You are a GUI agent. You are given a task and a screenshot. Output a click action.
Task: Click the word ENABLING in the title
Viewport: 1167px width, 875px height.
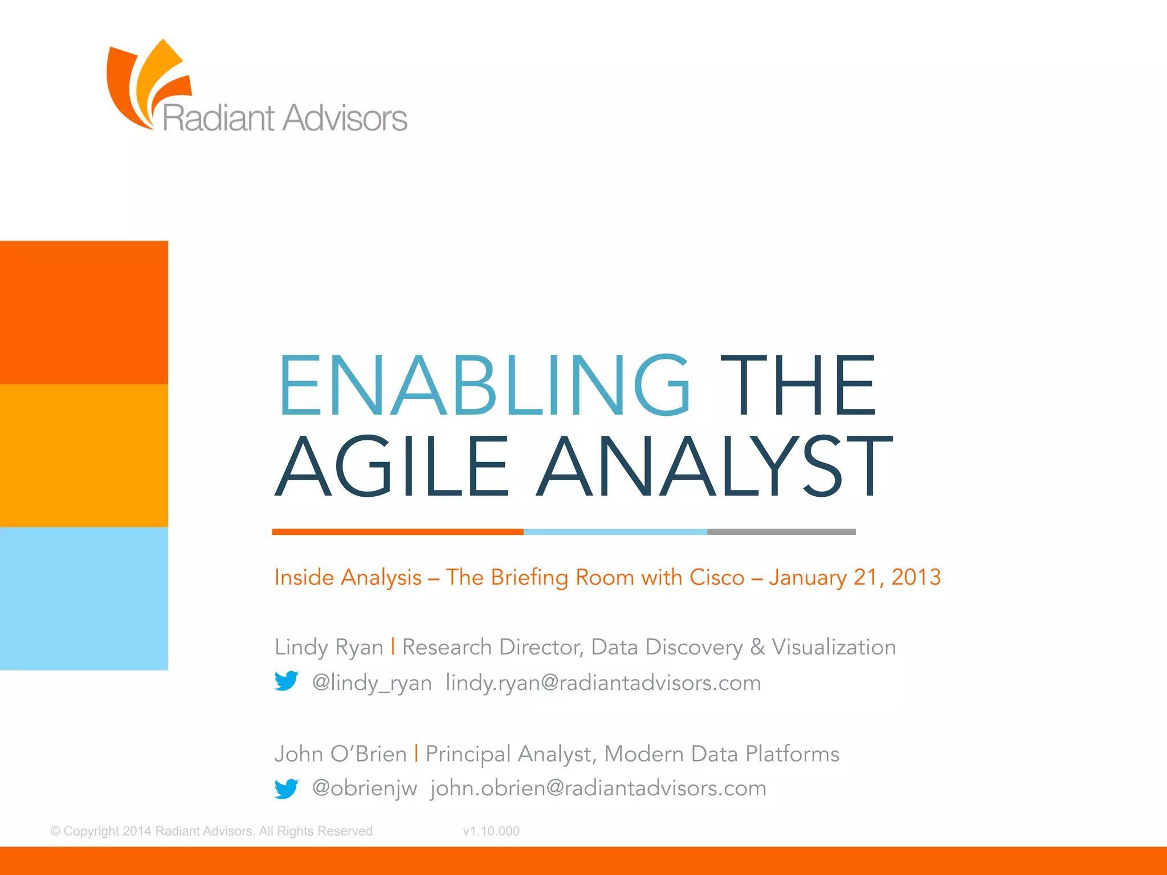484,386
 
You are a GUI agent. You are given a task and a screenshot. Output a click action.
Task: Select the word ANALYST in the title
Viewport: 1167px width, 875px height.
715,465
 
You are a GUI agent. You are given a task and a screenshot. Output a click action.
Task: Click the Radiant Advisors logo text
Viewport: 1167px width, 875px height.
285,118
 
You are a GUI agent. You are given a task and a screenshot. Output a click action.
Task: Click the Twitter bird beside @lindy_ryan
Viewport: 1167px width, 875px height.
286,681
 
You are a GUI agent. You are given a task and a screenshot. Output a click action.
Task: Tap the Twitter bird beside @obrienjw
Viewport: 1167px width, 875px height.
286,788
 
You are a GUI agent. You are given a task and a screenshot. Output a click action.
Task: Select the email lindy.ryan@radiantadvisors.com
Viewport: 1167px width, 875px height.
603,682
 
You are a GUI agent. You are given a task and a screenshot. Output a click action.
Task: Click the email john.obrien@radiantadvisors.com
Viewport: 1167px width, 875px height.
598,788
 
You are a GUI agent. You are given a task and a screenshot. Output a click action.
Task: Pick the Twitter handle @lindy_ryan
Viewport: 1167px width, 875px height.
372,682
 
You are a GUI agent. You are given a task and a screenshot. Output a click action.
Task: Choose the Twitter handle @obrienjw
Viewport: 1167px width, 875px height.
365,788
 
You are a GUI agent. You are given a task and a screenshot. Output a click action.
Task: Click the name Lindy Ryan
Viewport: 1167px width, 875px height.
329,647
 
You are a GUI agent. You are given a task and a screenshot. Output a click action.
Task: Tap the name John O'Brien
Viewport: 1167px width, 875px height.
340,754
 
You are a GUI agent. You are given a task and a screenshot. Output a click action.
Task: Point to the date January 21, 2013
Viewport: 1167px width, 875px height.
855,577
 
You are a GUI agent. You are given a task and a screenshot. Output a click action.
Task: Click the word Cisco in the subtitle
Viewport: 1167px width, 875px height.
717,577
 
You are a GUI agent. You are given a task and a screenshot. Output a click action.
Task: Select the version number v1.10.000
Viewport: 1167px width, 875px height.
491,831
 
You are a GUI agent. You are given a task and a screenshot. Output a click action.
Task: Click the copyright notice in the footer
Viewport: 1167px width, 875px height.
211,831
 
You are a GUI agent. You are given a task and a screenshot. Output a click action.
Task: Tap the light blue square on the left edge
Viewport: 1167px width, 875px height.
84,598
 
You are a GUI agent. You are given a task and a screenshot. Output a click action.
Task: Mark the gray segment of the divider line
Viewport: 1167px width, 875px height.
781,531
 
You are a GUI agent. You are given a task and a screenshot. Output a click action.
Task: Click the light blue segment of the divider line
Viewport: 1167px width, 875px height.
615,531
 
